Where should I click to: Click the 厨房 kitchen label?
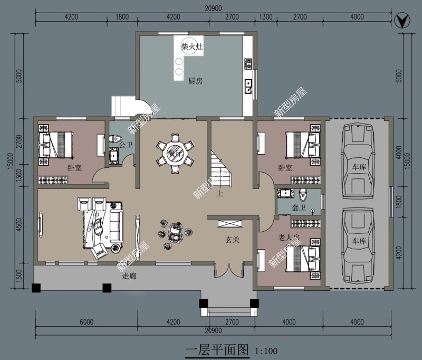point(196,81)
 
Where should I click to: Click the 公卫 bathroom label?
point(126,144)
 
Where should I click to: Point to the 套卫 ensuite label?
point(299,208)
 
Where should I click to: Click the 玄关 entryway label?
point(233,240)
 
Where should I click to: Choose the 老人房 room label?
point(289,238)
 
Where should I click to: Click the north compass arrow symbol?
point(402,22)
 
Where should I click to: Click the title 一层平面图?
point(217,349)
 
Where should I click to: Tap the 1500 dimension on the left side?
point(20,276)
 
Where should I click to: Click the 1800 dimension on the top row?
point(121,17)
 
